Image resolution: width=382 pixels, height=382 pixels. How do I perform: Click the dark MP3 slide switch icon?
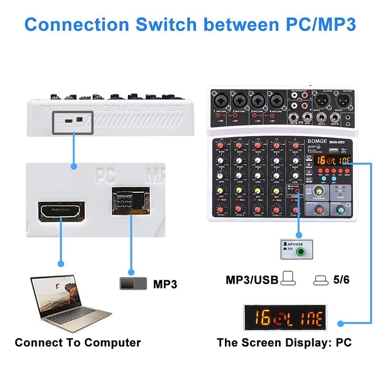[133, 284]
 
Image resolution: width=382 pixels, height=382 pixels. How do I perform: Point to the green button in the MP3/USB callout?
[300, 252]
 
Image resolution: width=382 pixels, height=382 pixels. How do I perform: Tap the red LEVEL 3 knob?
[258, 209]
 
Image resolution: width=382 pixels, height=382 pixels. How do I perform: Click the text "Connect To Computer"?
[78, 342]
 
